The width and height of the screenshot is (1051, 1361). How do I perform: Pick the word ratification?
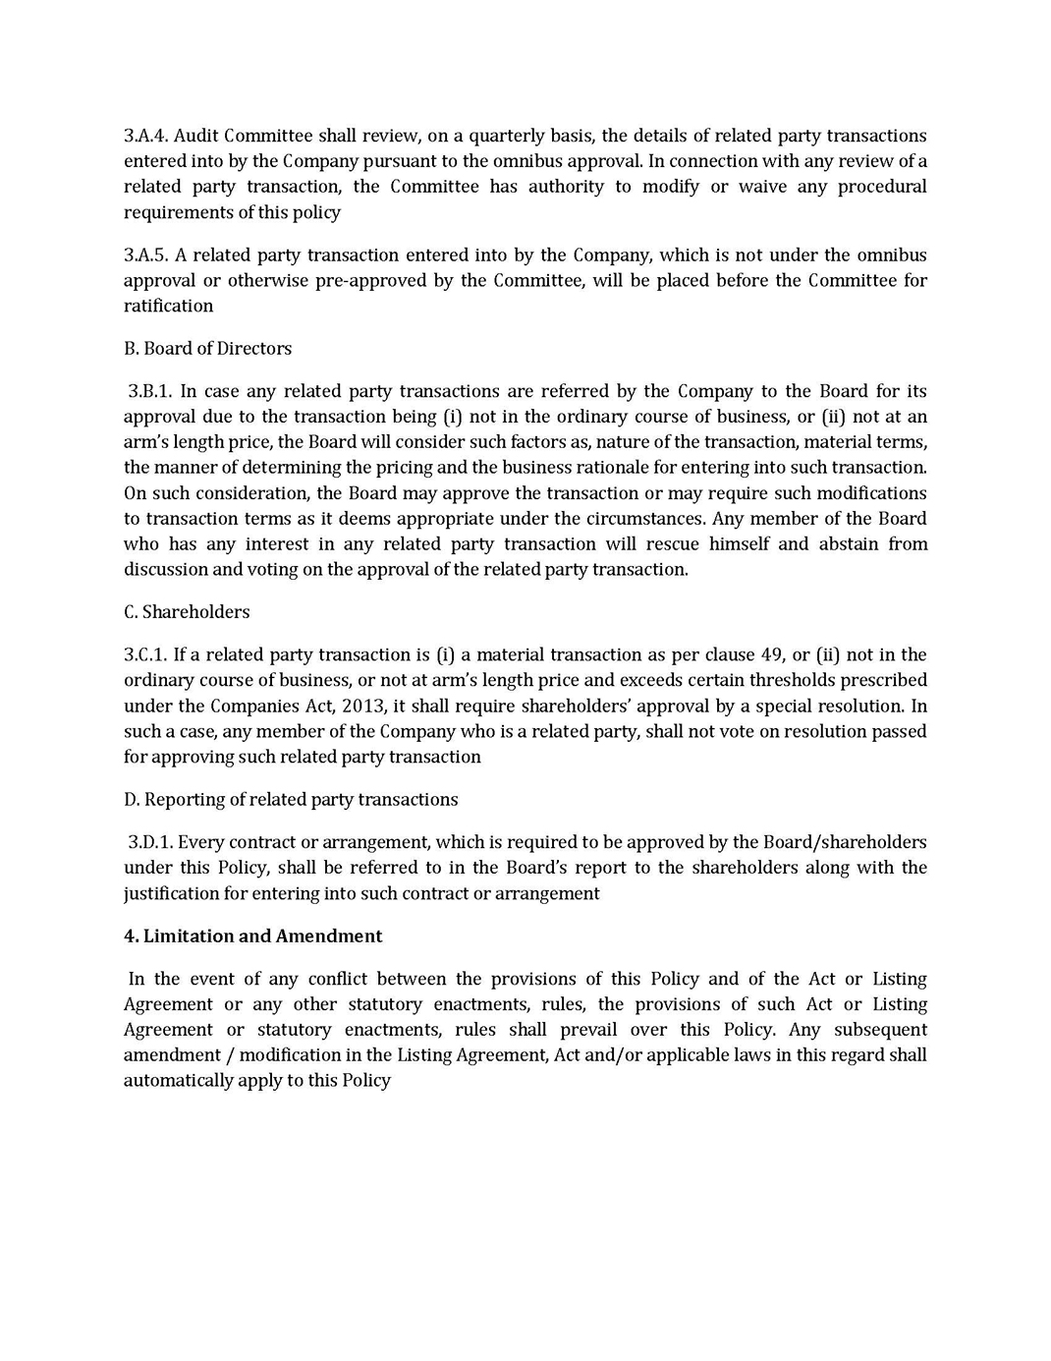168,307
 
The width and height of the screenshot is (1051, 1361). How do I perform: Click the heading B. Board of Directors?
207,349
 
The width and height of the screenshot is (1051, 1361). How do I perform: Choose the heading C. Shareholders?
187,612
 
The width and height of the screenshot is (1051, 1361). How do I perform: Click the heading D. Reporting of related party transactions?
291,800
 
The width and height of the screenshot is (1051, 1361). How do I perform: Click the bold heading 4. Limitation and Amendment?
252,936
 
